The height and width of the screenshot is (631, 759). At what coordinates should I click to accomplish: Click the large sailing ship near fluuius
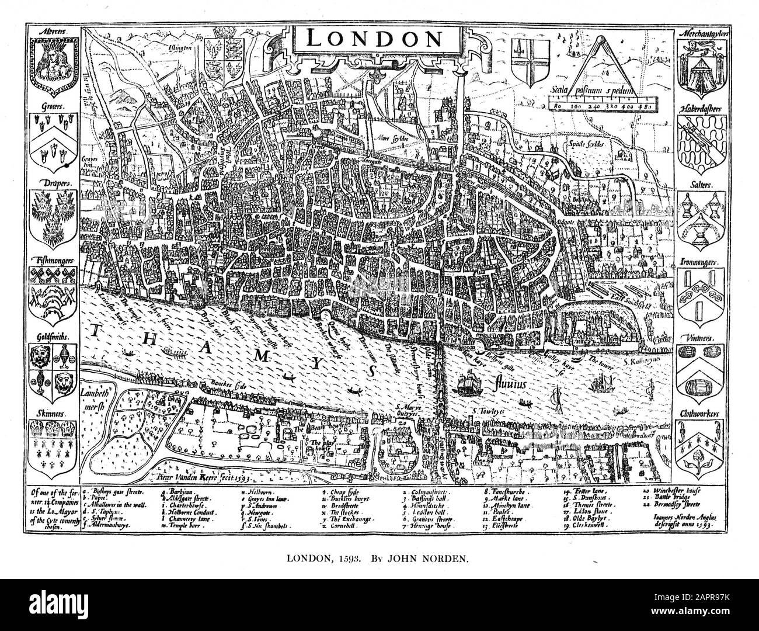point(468,385)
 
